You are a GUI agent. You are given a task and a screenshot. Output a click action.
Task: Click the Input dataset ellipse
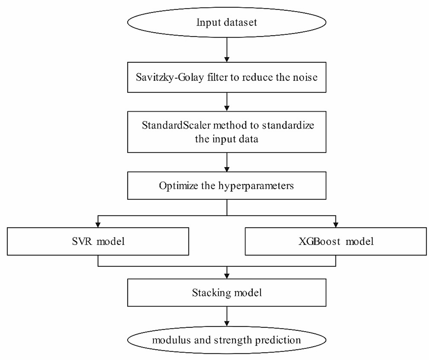pyautogui.click(x=227, y=22)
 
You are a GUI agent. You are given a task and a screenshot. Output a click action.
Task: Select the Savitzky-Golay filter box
pyautogui.click(x=227, y=77)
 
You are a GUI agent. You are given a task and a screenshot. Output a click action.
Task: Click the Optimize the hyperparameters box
pyautogui.click(x=227, y=186)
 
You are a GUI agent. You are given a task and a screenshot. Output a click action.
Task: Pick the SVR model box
pyautogui.click(x=98, y=242)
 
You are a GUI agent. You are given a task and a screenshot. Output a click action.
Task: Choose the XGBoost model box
pyautogui.click(x=336, y=242)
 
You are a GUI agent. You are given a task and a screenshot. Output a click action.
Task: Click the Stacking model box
pyautogui.click(x=227, y=293)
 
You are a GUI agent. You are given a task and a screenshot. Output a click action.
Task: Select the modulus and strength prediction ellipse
pyautogui.click(x=227, y=340)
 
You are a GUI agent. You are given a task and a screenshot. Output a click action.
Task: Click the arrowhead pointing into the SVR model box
pyautogui.click(x=98, y=225)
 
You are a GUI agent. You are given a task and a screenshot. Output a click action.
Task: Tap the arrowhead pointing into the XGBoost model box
pyautogui.click(x=336, y=225)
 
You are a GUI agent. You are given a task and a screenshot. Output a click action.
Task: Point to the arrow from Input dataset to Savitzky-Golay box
pyautogui.click(x=227, y=50)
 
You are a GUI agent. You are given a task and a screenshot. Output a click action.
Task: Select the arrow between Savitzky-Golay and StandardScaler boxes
pyautogui.click(x=227, y=102)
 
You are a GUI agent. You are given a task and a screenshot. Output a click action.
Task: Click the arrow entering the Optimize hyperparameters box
pyautogui.click(x=227, y=162)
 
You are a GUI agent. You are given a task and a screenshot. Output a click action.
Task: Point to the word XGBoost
pyautogui.click(x=319, y=242)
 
